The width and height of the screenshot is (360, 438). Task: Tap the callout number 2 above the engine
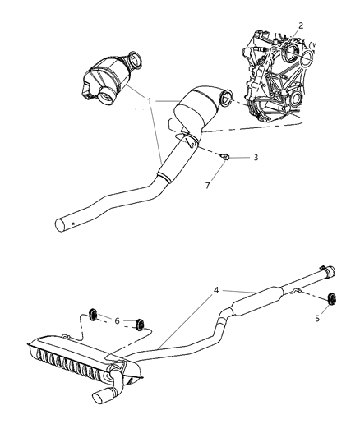click(301, 25)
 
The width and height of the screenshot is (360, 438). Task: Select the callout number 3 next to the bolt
click(233, 156)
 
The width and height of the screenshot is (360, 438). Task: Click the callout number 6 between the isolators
click(118, 320)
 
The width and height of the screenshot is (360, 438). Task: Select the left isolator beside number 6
click(93, 316)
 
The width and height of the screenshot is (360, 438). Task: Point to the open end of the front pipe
click(60, 224)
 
